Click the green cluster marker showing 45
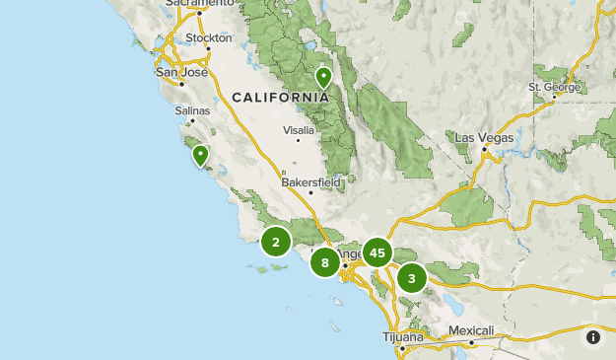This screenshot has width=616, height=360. click(376, 253)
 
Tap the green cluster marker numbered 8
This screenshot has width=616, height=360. click(325, 262)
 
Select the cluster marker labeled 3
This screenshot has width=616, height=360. click(412, 278)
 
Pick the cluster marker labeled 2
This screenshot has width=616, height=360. click(276, 242)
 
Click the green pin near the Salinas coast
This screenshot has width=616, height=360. click(201, 155)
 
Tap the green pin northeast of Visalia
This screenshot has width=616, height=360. click(323, 77)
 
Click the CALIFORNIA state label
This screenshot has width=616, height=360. click(281, 97)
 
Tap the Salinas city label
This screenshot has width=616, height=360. click(193, 110)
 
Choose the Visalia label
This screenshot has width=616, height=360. click(299, 130)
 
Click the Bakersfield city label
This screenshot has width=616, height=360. click(310, 182)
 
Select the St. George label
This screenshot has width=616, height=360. click(556, 87)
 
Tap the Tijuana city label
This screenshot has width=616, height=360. click(403, 336)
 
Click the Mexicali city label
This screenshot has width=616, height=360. click(470, 330)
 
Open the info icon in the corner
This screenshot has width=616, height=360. click(592, 337)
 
